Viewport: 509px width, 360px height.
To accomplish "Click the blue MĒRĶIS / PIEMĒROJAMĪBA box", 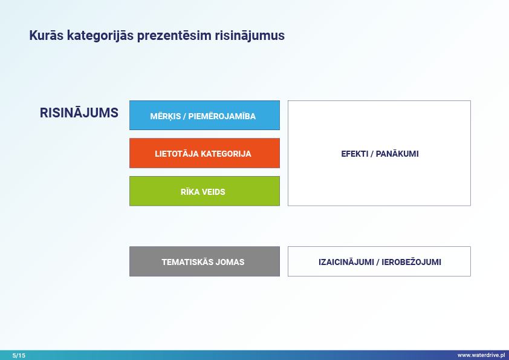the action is click(x=204, y=116).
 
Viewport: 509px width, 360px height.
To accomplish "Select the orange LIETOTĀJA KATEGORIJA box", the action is click(x=204, y=153).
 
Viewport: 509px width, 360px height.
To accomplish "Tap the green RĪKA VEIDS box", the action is click(x=204, y=191).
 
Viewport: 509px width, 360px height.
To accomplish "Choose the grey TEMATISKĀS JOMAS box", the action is click(x=204, y=261).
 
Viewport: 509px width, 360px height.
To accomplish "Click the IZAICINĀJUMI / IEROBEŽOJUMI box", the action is click(x=379, y=261).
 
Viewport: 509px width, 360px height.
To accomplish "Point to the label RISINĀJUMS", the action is click(x=79, y=113).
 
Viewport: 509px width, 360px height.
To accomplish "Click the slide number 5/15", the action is click(x=19, y=355).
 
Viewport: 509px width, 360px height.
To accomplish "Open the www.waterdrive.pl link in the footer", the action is click(x=481, y=355).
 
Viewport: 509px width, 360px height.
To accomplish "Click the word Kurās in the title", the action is click(x=46, y=35).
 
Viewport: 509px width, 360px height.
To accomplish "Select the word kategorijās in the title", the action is click(x=100, y=36).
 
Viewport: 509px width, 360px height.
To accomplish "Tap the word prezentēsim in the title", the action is click(x=174, y=36).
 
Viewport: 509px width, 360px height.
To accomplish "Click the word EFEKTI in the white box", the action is click(x=354, y=154).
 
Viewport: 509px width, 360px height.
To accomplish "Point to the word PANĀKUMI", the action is click(x=397, y=154).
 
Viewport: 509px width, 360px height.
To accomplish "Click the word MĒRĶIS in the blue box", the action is click(x=165, y=116).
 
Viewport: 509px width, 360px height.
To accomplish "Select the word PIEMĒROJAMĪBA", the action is click(x=222, y=116).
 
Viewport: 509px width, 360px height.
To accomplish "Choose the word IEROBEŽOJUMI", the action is click(x=411, y=262).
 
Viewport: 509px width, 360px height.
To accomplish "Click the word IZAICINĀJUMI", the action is click(x=346, y=262).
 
